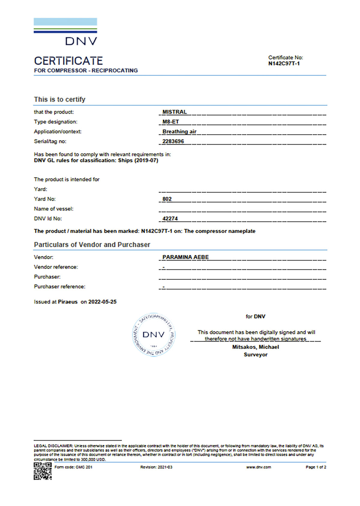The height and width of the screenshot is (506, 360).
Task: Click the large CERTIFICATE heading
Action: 68,61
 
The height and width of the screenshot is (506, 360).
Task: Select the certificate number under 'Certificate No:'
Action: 284,63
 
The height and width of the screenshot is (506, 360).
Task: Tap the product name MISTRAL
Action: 175,112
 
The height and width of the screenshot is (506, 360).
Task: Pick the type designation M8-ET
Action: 171,122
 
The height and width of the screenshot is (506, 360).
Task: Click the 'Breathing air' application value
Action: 179,131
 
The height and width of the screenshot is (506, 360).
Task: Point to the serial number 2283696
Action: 173,141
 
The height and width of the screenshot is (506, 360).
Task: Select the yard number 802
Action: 167,199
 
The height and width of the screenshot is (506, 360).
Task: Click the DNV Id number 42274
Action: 170,218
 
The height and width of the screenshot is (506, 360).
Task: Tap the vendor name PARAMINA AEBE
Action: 185,257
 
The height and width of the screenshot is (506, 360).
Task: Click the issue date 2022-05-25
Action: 102,302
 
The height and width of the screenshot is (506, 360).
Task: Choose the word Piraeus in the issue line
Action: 67,302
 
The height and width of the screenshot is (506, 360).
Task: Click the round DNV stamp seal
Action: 154,335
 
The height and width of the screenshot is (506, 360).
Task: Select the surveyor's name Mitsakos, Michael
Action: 256,347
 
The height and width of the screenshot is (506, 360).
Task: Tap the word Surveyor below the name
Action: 256,355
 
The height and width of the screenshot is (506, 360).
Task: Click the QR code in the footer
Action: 43,471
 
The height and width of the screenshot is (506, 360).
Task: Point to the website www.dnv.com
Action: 259,467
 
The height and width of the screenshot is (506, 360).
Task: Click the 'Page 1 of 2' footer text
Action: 316,467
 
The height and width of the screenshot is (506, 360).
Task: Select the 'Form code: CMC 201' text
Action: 73,467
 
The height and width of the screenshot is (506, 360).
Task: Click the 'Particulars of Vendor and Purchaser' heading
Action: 92,245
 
